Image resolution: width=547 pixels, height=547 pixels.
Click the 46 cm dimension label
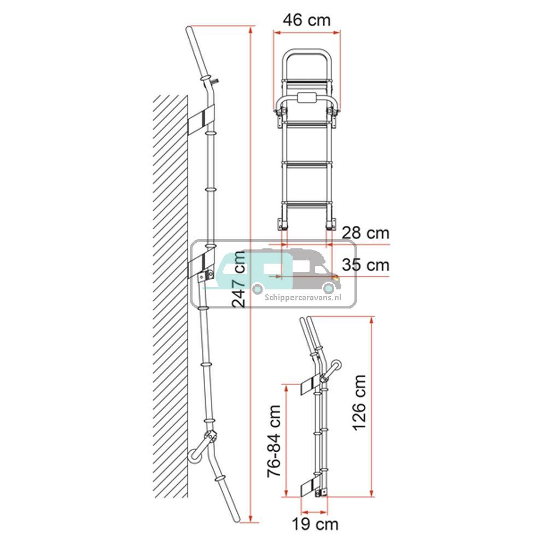coord(306,20)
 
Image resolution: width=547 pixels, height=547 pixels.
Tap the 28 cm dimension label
coord(365,234)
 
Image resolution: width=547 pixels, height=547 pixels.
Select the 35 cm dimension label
coord(365,265)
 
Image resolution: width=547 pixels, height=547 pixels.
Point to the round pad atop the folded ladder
coord(336,365)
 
